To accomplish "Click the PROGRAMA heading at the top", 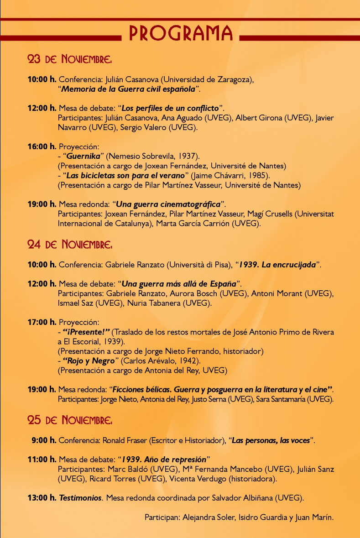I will (181, 32).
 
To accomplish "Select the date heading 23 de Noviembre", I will (69, 59).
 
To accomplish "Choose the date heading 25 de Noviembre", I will (69, 419).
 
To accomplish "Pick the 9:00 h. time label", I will (44, 440).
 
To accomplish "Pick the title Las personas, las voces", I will (271, 440).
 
